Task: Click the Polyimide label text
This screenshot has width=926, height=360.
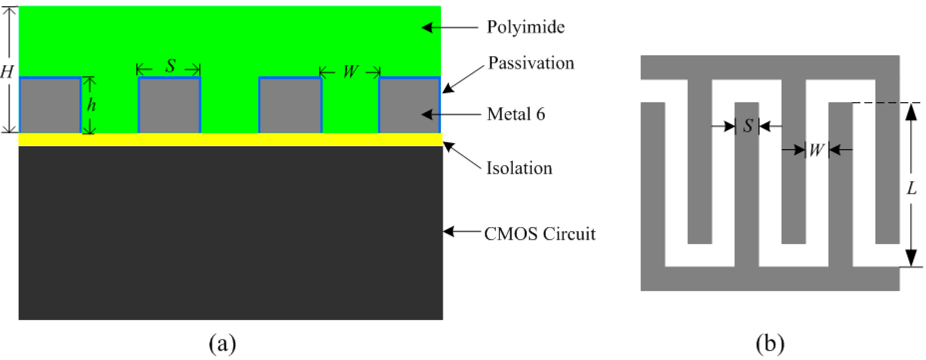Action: (526, 27)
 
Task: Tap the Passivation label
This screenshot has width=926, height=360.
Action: (531, 63)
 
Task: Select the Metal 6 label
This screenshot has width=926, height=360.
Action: (516, 114)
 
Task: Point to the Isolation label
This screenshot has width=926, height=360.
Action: (519, 168)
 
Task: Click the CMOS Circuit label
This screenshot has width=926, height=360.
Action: (540, 234)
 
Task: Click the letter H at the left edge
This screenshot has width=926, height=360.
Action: (6, 72)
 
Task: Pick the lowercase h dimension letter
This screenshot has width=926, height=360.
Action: (91, 105)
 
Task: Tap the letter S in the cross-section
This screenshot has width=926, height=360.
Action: (170, 66)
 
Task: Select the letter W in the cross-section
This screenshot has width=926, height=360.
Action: (350, 72)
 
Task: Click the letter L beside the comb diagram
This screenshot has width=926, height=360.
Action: (911, 188)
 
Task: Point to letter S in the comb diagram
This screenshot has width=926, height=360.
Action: (748, 126)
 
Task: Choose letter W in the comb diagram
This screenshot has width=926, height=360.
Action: (816, 150)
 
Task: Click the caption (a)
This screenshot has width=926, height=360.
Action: (222, 343)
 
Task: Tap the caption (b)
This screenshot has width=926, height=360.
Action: (770, 343)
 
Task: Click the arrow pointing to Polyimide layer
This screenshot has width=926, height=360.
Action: (449, 27)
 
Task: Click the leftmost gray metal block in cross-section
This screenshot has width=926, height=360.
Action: (50, 105)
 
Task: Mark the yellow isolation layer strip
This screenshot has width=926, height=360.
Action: (230, 139)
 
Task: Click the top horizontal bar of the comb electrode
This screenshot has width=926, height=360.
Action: (770, 67)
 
